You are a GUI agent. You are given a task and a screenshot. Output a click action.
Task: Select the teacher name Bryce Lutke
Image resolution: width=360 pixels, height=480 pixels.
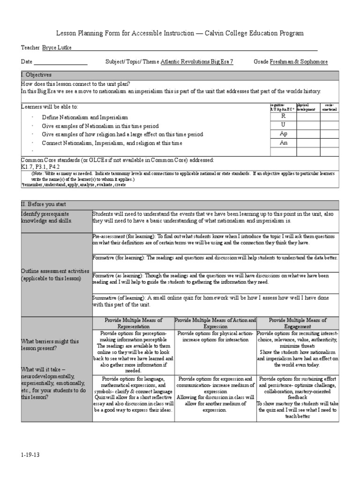pyautogui.click(x=57, y=48)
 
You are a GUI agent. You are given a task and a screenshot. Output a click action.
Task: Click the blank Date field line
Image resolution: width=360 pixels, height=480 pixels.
pyautogui.click(x=60, y=62)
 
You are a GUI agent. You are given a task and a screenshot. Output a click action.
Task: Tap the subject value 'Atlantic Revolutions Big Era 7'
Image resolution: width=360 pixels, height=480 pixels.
pyautogui.click(x=196, y=62)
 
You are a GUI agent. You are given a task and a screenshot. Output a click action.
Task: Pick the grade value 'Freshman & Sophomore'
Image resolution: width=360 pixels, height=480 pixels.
pyautogui.click(x=299, y=62)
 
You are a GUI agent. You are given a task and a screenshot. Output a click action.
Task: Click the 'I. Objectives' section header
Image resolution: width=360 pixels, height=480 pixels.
pyautogui.click(x=37, y=75)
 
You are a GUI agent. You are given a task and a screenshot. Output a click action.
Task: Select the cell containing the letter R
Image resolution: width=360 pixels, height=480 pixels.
pyautogui.click(x=283, y=116)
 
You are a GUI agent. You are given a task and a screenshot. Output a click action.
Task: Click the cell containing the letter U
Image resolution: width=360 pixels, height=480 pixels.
pyautogui.click(x=283, y=125)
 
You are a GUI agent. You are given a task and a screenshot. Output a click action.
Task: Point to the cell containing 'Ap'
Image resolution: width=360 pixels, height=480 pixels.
pyautogui.click(x=283, y=134)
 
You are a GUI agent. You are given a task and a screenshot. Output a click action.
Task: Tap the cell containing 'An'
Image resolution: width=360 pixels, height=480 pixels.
pyautogui.click(x=283, y=142)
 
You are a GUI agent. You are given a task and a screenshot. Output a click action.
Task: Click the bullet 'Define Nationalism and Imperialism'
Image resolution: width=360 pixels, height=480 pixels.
pyautogui.click(x=85, y=117)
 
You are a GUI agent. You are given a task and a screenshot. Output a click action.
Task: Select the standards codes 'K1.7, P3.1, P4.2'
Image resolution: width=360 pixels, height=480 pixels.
pyautogui.click(x=40, y=166)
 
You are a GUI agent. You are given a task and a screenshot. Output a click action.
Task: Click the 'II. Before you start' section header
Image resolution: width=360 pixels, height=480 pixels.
pyautogui.click(x=44, y=204)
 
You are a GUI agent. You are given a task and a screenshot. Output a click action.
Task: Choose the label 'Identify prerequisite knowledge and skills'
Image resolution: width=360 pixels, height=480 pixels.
pyautogui.click(x=47, y=217)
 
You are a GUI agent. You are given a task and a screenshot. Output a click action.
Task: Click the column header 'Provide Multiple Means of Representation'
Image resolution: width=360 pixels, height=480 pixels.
pyautogui.click(x=133, y=323)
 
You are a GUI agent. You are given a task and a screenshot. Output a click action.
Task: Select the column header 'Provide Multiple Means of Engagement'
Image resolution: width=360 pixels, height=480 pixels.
pyautogui.click(x=298, y=323)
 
